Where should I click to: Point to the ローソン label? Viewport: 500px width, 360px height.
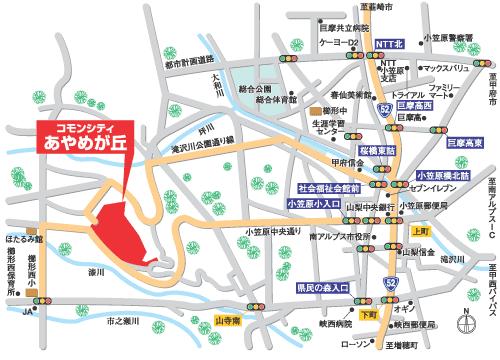click(353, 344)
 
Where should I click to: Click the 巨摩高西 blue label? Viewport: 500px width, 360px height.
click(413, 103)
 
